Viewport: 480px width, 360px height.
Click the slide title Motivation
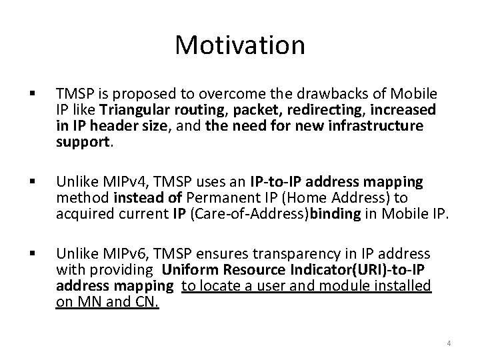click(240, 45)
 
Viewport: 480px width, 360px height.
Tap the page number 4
click(449, 343)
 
